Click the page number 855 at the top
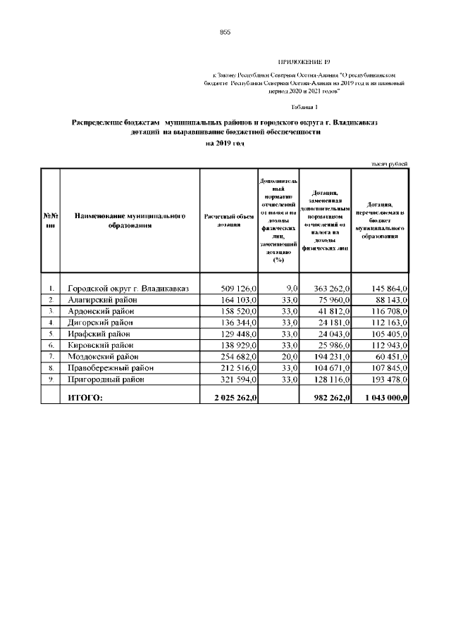(x=225, y=32)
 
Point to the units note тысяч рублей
(x=389, y=164)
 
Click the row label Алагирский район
(x=102, y=300)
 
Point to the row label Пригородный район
(x=106, y=379)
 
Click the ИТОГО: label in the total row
(x=85, y=398)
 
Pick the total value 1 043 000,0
(x=383, y=398)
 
